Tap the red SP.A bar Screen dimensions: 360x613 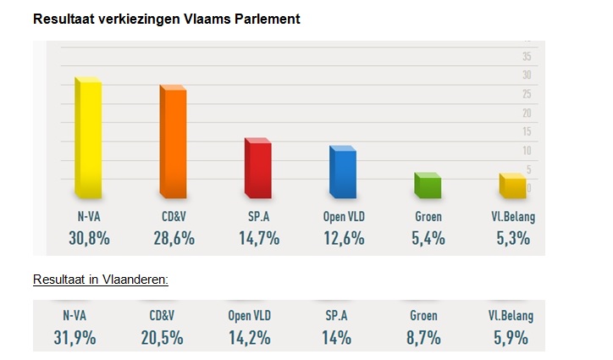(x=257, y=169)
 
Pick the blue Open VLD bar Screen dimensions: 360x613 (x=342, y=174)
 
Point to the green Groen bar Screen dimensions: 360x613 (x=427, y=186)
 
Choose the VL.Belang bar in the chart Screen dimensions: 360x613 (x=511, y=187)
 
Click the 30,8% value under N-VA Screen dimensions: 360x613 (x=89, y=238)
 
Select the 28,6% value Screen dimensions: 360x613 (x=174, y=238)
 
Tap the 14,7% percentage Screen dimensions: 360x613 (x=258, y=238)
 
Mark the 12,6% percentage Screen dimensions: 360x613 (x=343, y=238)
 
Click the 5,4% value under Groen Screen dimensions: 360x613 (x=428, y=238)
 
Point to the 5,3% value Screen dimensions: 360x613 (x=512, y=238)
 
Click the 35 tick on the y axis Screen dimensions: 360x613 (x=526, y=57)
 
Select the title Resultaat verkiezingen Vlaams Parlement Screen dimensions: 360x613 (x=166, y=18)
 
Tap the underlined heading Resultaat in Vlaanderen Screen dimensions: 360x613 (x=101, y=280)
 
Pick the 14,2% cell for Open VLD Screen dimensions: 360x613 (x=250, y=338)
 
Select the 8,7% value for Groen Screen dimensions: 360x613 (x=423, y=338)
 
